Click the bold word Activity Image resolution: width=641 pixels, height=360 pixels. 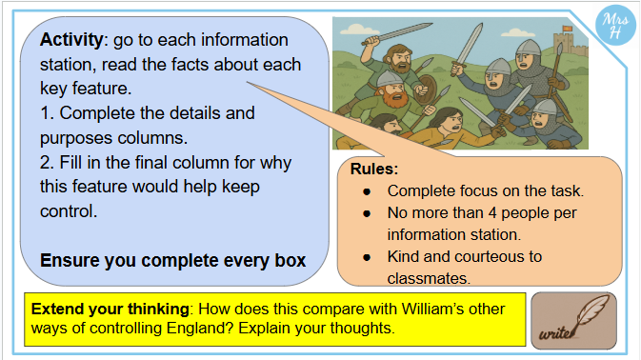tap(71, 40)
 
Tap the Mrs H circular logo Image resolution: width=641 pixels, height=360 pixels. tap(615, 26)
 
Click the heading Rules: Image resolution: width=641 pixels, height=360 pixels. tap(374, 170)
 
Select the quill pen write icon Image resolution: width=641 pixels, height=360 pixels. tap(573, 321)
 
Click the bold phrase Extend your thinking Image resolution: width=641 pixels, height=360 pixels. tap(110, 309)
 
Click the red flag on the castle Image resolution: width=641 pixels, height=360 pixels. tap(568, 29)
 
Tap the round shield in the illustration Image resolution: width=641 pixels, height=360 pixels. tap(426, 89)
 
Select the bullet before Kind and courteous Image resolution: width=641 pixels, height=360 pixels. tap(367, 257)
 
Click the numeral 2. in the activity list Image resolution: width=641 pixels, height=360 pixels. tap(48, 163)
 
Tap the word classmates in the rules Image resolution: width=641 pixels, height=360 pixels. tap(429, 279)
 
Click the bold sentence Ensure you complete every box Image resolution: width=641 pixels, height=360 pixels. tap(173, 261)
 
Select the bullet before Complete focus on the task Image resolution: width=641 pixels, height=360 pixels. tap(367, 191)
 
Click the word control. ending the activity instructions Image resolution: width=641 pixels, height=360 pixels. tap(69, 211)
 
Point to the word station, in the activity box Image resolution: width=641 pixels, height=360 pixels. tap(68, 65)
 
